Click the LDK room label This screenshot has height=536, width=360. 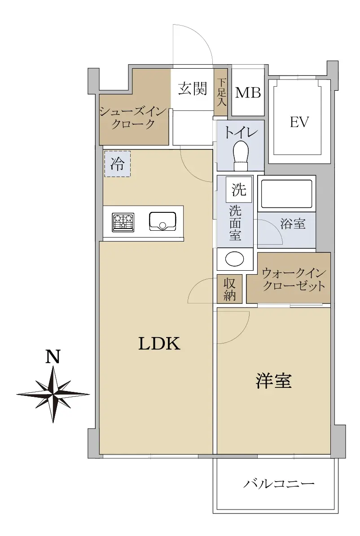click(159, 343)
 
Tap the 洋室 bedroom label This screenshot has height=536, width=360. click(273, 381)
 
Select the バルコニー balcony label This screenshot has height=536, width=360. click(279, 483)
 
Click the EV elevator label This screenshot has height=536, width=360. click(299, 122)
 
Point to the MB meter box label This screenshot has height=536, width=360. click(248, 92)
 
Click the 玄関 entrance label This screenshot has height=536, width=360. click(193, 89)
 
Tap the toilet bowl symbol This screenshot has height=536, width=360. click(241, 155)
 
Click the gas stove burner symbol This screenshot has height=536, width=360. click(123, 223)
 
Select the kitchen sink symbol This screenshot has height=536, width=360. click(162, 221)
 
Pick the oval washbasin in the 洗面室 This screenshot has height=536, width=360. click(234, 259)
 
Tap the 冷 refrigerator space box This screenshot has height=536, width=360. click(117, 164)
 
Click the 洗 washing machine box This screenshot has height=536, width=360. click(239, 189)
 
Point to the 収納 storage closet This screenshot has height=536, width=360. click(230, 289)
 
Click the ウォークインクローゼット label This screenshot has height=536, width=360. click(293, 279)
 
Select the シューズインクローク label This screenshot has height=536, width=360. click(133, 117)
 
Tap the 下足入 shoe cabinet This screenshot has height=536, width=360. click(220, 92)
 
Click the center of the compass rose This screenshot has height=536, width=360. click(53, 394)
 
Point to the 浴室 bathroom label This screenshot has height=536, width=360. click(293, 224)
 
